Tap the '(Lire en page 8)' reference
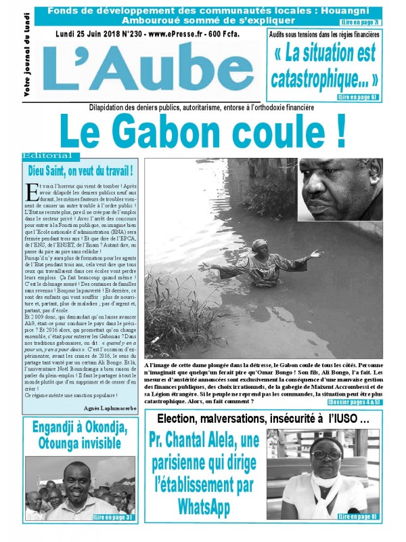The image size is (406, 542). [x=357, y=517]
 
